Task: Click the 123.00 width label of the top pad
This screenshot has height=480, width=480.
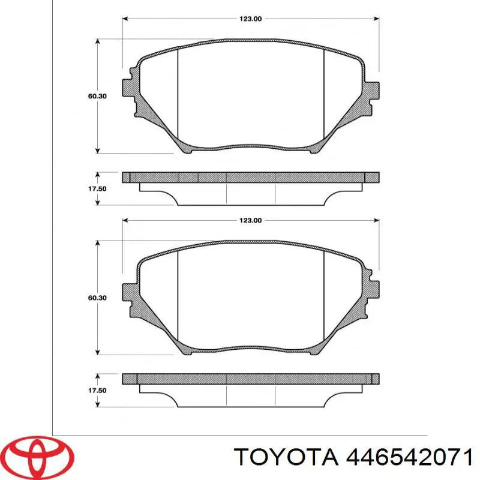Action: click(x=250, y=19)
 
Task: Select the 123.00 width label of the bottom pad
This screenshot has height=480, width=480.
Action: click(x=250, y=221)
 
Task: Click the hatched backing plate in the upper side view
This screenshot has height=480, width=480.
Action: click(x=250, y=177)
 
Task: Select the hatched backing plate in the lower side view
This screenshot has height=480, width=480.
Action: click(x=250, y=379)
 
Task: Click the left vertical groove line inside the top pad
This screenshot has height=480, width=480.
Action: click(x=178, y=96)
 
